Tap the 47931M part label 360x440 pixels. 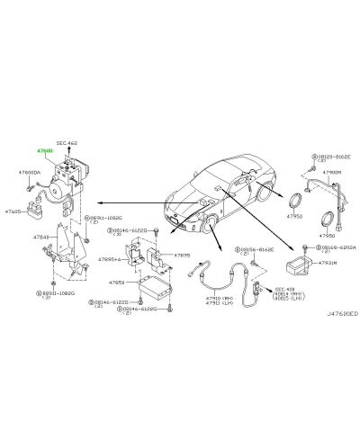pos(327,264)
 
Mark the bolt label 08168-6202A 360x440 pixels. pos(335,246)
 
